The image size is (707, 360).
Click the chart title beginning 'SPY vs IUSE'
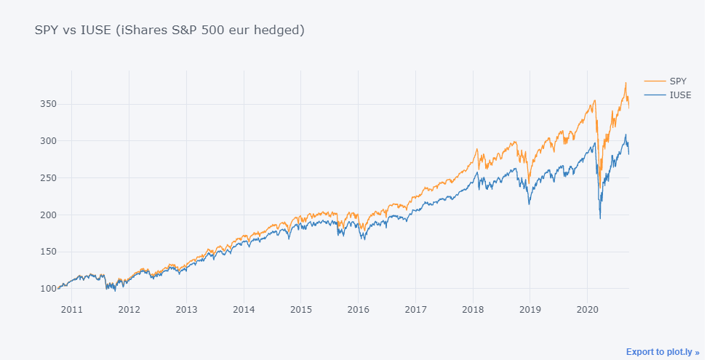(x=169, y=30)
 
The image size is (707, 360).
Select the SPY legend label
(x=678, y=81)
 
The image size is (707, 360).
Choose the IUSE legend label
(x=680, y=95)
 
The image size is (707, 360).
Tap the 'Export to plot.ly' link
(x=662, y=351)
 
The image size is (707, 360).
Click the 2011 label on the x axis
(x=71, y=310)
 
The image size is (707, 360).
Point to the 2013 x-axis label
(x=186, y=310)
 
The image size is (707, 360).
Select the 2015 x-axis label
(x=301, y=310)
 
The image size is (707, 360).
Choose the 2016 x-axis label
(x=358, y=310)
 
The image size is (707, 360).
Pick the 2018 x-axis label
(x=473, y=310)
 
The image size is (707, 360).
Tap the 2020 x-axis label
(x=587, y=310)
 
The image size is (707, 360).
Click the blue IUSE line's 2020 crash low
(x=600, y=217)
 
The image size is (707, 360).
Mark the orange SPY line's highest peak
(x=625, y=83)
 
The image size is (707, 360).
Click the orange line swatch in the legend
(x=654, y=81)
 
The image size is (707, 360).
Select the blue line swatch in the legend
(x=654, y=95)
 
